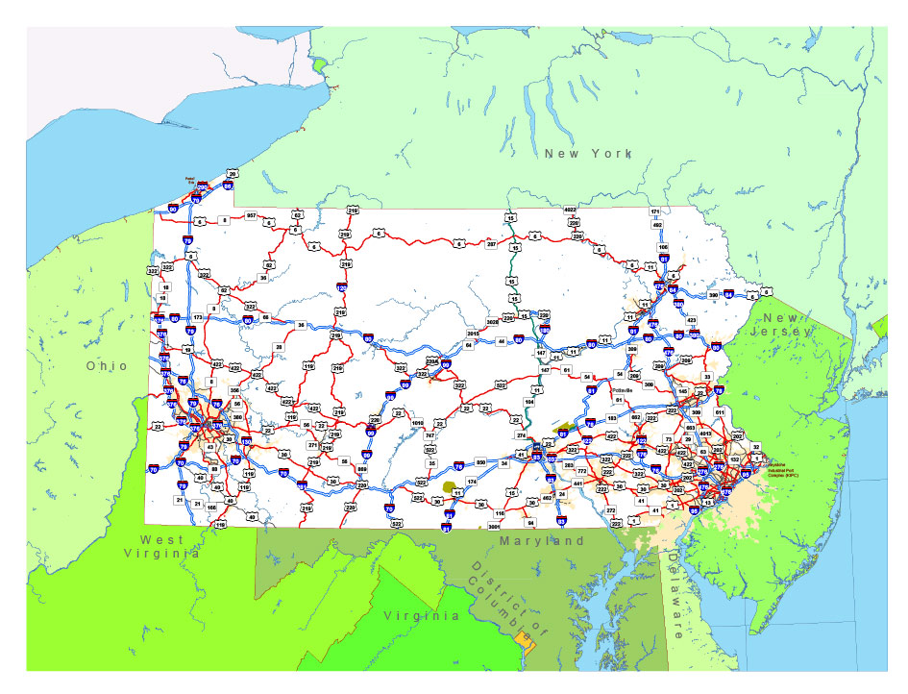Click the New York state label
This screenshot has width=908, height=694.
[x=587, y=154]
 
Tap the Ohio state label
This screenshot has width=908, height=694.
[x=106, y=366]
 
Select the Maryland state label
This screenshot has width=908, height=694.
[x=541, y=541]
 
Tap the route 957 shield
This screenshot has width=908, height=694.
[x=252, y=215]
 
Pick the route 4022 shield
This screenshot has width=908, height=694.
[x=570, y=210]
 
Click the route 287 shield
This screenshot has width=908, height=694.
[x=491, y=244]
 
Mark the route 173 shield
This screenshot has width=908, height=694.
[x=198, y=317]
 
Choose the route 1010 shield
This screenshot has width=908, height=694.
[x=417, y=423]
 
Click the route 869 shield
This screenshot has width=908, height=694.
[x=361, y=469]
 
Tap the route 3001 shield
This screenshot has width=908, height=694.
[x=495, y=525]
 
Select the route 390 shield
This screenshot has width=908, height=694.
[x=713, y=295]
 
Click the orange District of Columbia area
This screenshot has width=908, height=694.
[x=522, y=636]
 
